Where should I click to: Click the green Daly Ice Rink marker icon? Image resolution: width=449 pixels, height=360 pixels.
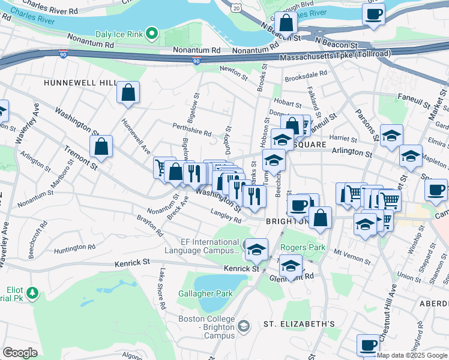(x=152, y=34)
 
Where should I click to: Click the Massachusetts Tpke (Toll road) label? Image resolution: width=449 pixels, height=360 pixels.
(x=336, y=55)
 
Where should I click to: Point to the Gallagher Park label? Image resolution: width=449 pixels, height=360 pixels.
(x=205, y=293)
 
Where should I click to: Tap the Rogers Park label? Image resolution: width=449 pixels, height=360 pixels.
(x=303, y=247)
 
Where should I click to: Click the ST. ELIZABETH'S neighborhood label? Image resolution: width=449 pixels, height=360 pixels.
(x=299, y=324)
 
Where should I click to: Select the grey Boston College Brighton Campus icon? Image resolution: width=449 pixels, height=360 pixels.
(x=243, y=326)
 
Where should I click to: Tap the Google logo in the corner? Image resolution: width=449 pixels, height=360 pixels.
(x=20, y=353)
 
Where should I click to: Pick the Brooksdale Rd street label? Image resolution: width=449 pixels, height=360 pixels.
(x=306, y=76)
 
